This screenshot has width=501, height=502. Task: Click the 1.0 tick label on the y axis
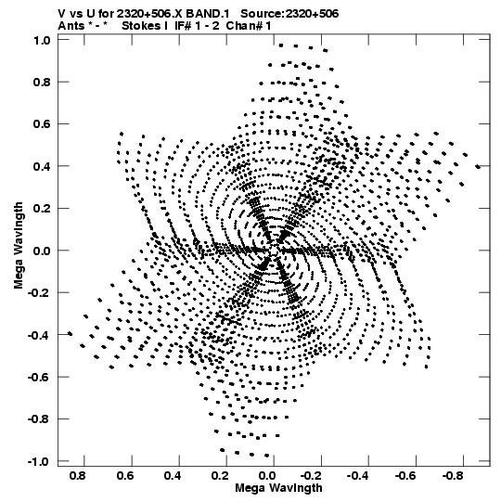[42, 40]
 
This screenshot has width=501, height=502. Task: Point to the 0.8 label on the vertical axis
[42, 83]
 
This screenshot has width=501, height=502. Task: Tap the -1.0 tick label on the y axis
[39, 461]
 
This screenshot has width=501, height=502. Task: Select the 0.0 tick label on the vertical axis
[42, 251]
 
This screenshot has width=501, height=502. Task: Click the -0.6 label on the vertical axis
[39, 377]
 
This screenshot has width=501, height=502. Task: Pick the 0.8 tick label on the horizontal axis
[78, 476]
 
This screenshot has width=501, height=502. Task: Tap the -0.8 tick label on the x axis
[454, 476]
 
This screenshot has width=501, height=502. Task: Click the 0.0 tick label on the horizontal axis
[267, 476]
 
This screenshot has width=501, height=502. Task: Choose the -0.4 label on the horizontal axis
[359, 476]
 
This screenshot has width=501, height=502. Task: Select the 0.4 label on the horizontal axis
[173, 476]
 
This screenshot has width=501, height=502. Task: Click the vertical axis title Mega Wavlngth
[19, 246]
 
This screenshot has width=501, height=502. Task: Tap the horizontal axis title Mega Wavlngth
[278, 488]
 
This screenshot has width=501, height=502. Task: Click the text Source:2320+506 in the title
[289, 14]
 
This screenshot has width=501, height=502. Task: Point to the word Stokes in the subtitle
[141, 26]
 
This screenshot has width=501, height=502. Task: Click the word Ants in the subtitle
[71, 26]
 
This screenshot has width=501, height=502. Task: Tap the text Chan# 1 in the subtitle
[249, 26]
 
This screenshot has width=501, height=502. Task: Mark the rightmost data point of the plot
[478, 166]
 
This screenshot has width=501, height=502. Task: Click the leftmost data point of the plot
[71, 334]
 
